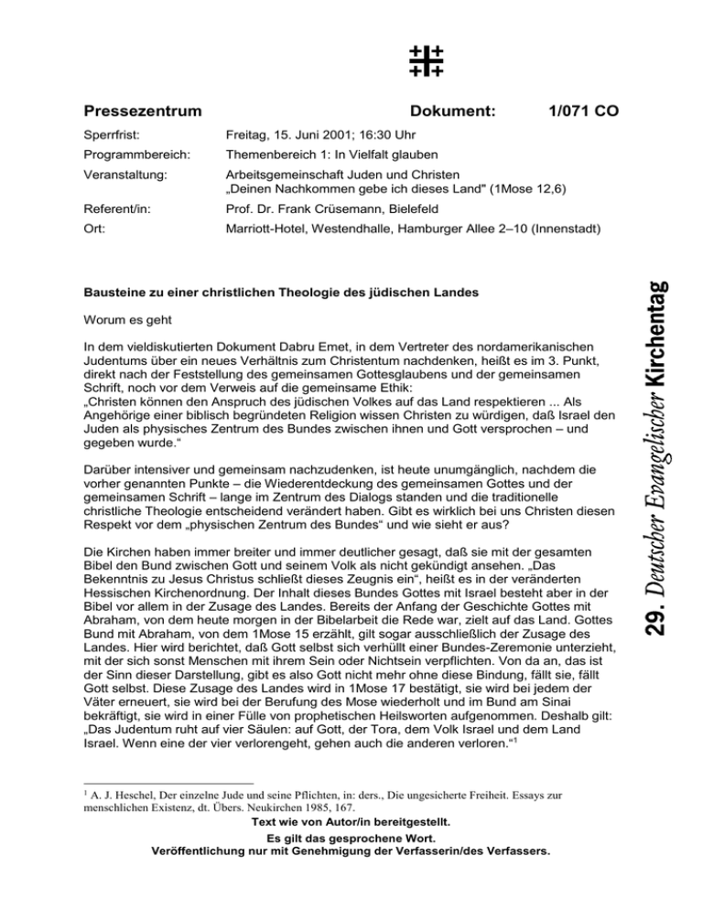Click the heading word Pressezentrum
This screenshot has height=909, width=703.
(x=143, y=112)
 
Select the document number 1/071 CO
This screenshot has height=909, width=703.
(x=581, y=112)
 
